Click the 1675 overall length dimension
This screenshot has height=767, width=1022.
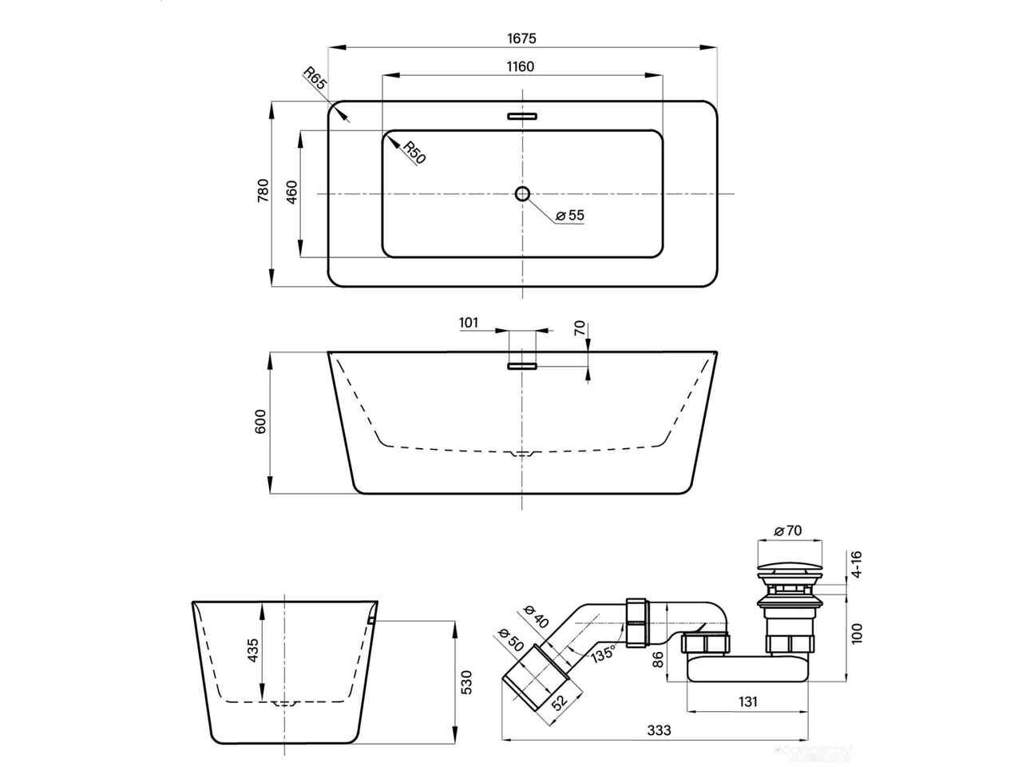coord(521,38)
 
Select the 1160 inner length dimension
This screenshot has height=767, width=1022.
coord(520,66)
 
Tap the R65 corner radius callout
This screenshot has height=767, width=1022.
coord(315,78)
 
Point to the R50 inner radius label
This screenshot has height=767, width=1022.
coord(414,153)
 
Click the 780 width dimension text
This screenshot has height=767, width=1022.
coord(263,190)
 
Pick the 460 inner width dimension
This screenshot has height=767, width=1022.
coord(291,192)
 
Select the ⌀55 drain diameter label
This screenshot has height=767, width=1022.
coord(570,215)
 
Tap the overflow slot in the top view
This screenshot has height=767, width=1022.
coord(522,116)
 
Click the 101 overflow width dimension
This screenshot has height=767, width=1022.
coord(469,322)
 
